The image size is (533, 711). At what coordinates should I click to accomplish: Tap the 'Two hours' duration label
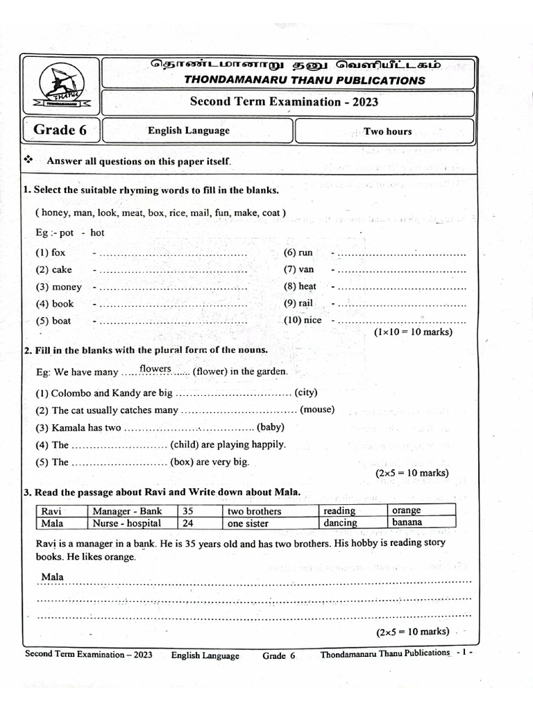point(387,131)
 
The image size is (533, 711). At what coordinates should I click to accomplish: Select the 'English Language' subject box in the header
point(189,131)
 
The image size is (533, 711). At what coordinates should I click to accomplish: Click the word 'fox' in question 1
point(58,253)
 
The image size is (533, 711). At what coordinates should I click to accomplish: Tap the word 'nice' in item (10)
point(312,320)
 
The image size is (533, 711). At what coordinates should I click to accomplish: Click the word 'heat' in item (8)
point(307,286)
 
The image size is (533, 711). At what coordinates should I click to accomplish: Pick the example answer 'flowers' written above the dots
point(155,368)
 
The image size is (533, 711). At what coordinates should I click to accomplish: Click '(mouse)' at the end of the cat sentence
point(316,410)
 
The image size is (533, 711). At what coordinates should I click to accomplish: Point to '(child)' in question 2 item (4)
point(184,444)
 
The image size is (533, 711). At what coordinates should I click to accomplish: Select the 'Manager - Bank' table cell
point(127,511)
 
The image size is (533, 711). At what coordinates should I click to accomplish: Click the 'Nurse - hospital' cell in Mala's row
point(127,523)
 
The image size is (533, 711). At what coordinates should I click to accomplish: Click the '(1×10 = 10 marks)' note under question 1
point(413,332)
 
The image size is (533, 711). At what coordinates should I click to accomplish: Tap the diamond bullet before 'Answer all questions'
point(28,160)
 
